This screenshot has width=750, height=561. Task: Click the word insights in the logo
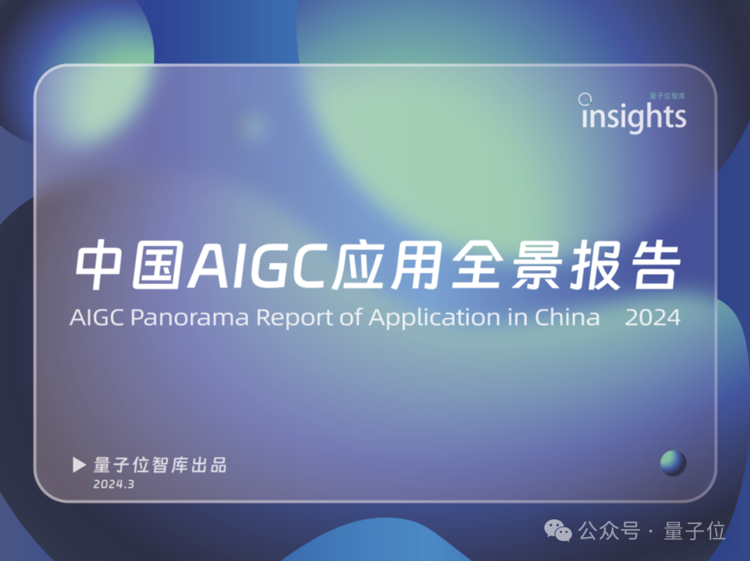click(x=634, y=116)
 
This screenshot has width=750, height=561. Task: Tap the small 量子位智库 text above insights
click(x=667, y=96)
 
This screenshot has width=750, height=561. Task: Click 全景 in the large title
click(x=506, y=265)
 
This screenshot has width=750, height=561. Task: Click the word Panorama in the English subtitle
click(x=190, y=317)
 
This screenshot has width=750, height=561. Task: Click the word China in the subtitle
click(x=567, y=317)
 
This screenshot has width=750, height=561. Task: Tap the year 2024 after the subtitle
click(x=652, y=317)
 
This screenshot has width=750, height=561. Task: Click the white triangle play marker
click(x=79, y=464)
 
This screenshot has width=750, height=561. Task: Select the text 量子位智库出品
click(x=160, y=465)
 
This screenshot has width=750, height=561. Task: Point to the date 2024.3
click(x=114, y=484)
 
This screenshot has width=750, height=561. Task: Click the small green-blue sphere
click(x=673, y=463)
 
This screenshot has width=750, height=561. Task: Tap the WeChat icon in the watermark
click(x=558, y=531)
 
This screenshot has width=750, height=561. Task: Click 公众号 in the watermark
click(x=609, y=531)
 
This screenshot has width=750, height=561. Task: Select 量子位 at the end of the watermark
click(x=694, y=531)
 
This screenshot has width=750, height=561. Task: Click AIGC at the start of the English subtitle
click(x=97, y=317)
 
